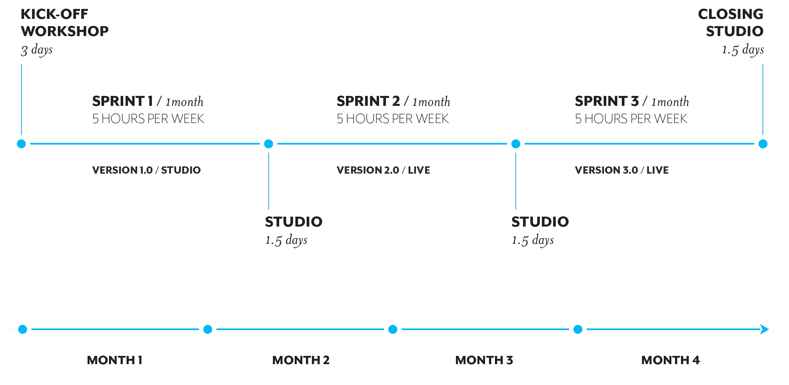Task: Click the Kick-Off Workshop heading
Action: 64,22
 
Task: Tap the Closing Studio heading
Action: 731,22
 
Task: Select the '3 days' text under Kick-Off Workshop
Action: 37,50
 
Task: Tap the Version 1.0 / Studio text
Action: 146,170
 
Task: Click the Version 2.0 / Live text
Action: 383,170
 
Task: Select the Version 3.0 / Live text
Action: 621,170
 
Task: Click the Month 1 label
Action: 115,360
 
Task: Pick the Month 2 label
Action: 301,360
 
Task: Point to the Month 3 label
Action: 484,360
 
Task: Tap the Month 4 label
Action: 670,360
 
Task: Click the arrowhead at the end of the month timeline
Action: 765,329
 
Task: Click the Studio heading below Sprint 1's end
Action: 293,222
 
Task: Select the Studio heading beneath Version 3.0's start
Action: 540,222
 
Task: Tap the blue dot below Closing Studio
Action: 763,144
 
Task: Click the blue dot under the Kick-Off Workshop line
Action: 21,144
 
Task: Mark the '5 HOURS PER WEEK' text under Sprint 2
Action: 393,119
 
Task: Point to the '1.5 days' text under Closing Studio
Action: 743,50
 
